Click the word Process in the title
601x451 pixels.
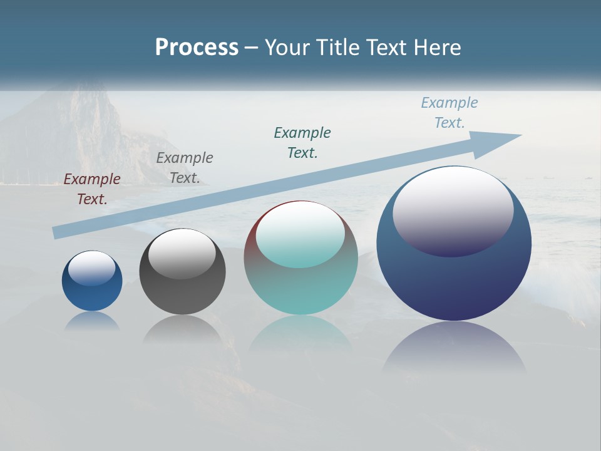(x=197, y=48)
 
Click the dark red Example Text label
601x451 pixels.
(x=92, y=189)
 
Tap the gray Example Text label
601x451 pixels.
(x=185, y=168)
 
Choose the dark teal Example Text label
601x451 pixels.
(x=302, y=143)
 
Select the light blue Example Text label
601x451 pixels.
(x=449, y=113)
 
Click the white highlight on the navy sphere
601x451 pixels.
(x=453, y=210)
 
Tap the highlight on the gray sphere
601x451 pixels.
(x=182, y=254)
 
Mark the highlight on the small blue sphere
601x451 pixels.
(x=92, y=268)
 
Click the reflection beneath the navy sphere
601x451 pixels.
(x=454, y=348)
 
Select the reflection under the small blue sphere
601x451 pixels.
(x=92, y=321)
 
